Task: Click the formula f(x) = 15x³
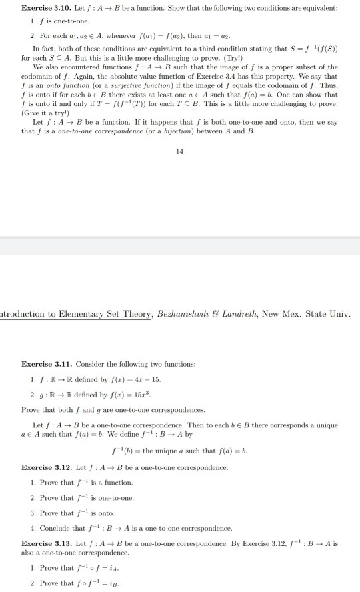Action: [117, 395]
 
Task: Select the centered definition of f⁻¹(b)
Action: [179, 452]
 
